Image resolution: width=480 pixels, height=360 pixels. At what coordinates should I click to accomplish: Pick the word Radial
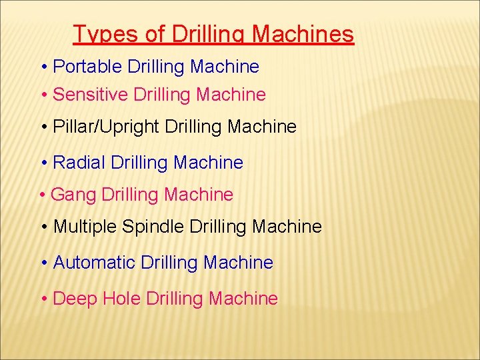[x=79, y=162]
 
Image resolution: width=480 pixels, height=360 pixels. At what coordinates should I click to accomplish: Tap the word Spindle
[x=153, y=227]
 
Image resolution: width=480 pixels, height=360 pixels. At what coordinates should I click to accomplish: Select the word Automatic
[x=94, y=263]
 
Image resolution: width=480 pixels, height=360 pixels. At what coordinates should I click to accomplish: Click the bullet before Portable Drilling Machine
[x=43, y=67]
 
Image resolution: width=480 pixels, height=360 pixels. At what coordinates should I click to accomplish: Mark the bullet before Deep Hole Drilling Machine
[x=43, y=299]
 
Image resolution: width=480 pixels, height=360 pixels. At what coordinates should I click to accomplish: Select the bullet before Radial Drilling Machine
[x=43, y=163]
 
